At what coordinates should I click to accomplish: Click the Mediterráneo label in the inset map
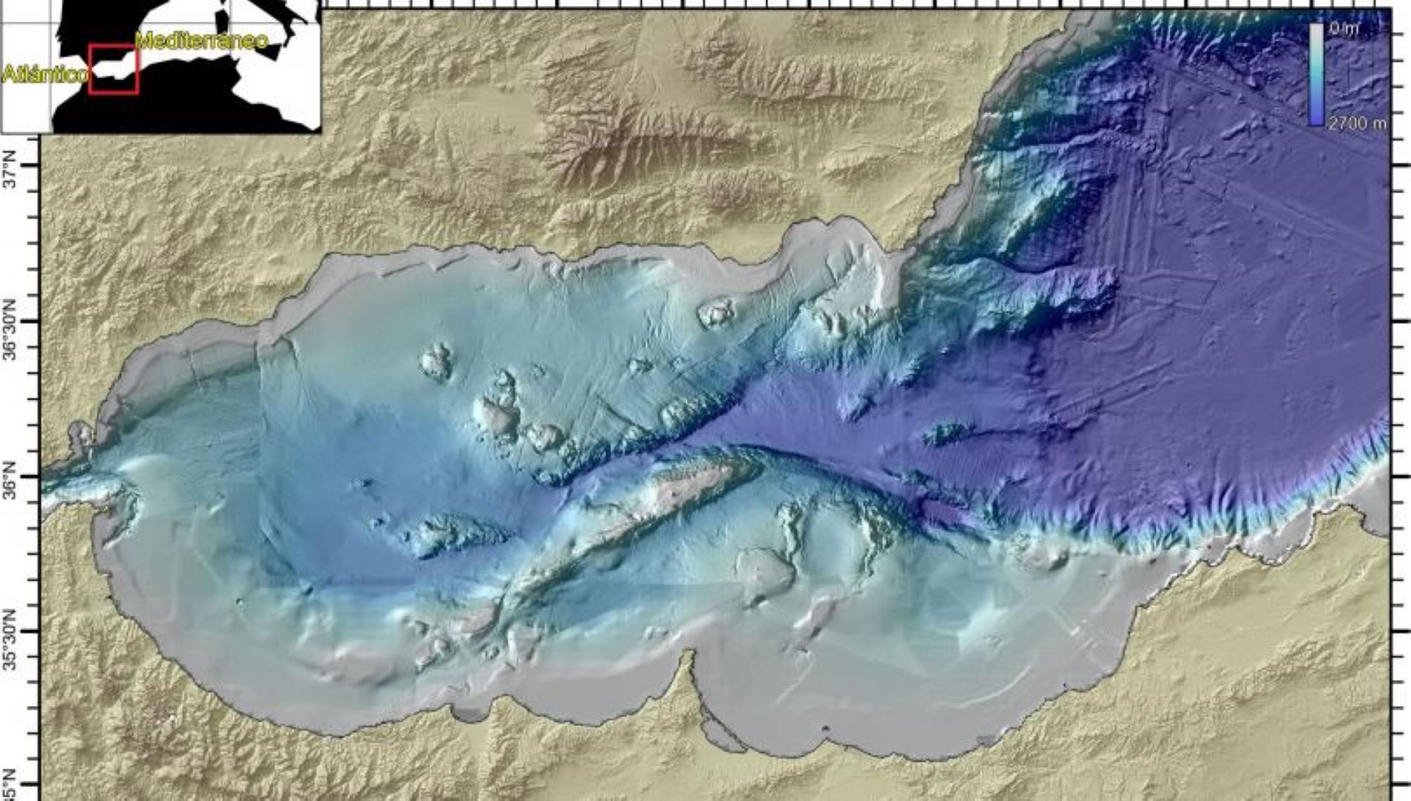point(202,40)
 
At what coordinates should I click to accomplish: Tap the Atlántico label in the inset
point(45,74)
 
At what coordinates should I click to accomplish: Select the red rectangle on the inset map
point(113,69)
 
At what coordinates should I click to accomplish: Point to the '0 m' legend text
point(1343,28)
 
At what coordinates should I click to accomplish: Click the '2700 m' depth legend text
point(1356,123)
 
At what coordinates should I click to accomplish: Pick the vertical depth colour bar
point(1316,74)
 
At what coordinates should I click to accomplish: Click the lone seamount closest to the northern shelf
point(715,313)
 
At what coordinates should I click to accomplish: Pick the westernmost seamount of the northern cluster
point(437,361)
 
